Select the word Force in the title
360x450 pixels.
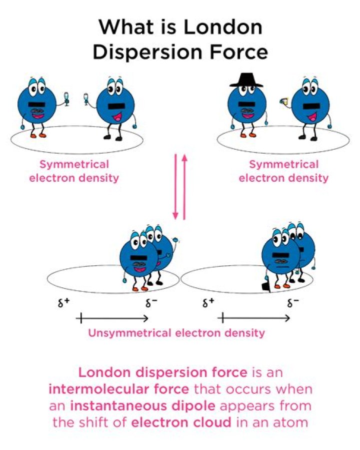tap(236, 52)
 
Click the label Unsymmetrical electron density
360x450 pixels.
tap(176, 333)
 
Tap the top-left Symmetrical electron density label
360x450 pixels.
tap(74, 171)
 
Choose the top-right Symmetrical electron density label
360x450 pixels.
tap(283, 171)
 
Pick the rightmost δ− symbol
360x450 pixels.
tap(293, 303)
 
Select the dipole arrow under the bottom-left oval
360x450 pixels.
tap(114, 318)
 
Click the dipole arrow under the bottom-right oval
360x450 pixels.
tap(255, 318)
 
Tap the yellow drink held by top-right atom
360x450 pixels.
tap(283, 102)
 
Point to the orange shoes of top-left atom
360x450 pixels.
tap(38, 135)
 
